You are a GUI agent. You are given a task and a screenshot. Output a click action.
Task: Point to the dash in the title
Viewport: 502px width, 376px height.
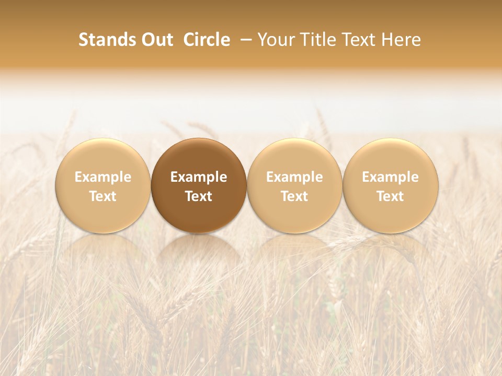(x=244, y=40)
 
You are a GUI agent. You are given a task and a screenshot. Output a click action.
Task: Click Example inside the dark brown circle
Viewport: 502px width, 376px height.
(x=199, y=177)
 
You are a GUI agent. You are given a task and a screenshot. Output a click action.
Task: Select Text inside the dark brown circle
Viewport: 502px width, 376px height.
(x=199, y=196)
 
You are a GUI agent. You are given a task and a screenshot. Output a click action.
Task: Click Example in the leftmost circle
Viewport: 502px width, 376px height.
(x=103, y=177)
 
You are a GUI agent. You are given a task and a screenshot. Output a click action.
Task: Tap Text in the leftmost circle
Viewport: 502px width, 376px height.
(x=103, y=196)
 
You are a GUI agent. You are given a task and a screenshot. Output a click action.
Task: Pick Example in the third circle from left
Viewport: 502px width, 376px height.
(x=294, y=177)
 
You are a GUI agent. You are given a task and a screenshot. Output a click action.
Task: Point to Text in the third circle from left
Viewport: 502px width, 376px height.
(x=294, y=196)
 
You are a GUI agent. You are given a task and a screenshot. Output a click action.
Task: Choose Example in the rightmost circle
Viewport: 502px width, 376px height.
(x=391, y=177)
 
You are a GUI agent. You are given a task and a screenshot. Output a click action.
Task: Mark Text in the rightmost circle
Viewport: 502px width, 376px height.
(x=391, y=196)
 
